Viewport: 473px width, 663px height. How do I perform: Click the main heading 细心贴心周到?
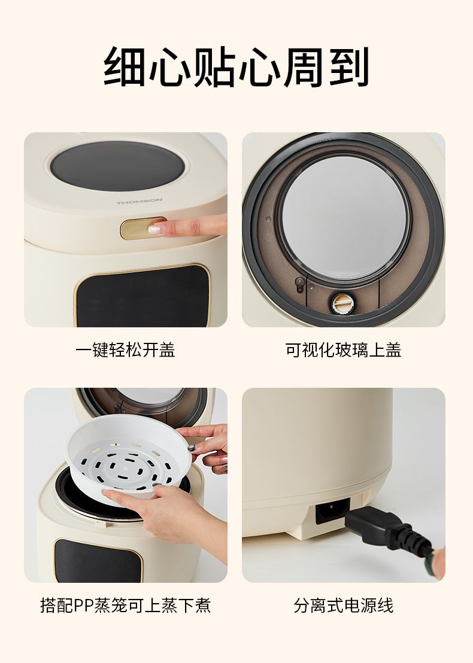click(236, 66)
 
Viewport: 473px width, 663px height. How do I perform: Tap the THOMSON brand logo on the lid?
click(139, 202)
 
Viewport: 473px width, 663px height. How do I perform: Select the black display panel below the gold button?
click(142, 296)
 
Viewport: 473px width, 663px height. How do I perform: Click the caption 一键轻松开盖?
click(125, 349)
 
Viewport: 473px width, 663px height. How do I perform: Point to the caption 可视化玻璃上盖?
click(343, 349)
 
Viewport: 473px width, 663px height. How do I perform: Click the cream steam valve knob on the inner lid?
click(341, 303)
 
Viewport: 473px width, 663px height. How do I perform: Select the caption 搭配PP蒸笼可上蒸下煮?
click(125, 605)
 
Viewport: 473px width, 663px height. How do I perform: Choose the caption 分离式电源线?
click(343, 605)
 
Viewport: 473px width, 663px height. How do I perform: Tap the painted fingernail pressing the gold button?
click(156, 229)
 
